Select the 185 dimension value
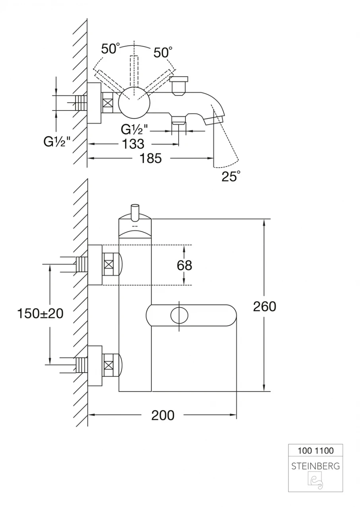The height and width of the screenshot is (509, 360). [x=151, y=158]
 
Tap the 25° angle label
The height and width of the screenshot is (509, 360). [x=231, y=176]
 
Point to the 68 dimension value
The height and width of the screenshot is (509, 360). [x=184, y=265]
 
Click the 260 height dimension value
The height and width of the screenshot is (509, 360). [x=265, y=306]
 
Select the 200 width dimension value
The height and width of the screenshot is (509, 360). [x=163, y=415]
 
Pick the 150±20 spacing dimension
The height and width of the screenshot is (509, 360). [x=40, y=313]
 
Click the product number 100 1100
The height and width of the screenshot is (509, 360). [x=315, y=451]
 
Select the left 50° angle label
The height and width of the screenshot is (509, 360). [x=110, y=49]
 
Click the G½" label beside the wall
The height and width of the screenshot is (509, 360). [x=57, y=142]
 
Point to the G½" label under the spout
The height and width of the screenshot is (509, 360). [x=134, y=129]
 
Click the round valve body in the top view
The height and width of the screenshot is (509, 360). [x=135, y=102]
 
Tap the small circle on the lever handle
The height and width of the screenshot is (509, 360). [x=179, y=315]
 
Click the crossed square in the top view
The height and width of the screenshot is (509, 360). [x=108, y=102]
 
